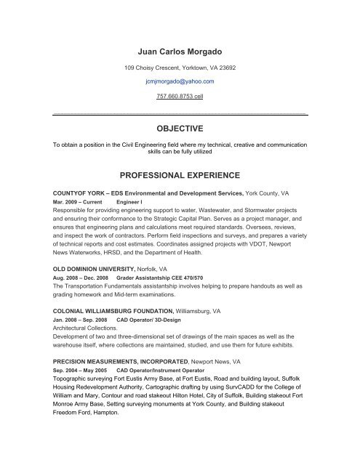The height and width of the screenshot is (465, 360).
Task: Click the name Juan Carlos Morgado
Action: coord(180,52)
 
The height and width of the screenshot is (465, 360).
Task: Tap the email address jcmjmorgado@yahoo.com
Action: coord(180,82)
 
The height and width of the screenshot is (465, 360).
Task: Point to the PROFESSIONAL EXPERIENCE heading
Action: coord(180,175)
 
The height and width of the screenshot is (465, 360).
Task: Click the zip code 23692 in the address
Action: coord(224,67)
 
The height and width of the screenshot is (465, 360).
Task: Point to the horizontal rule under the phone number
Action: coord(180,114)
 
